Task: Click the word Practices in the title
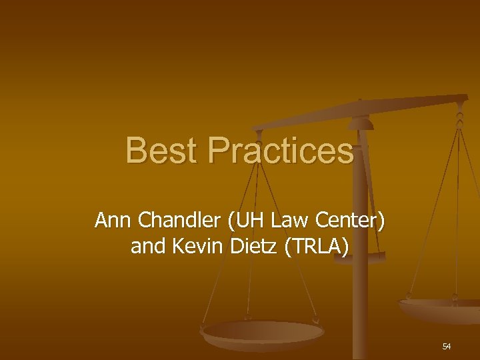coord(280,151)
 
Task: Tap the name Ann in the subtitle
coord(111,220)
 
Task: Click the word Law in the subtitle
coord(279,220)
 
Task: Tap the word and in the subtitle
coord(149,247)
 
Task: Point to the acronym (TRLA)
coord(317,247)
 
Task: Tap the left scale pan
coord(263,332)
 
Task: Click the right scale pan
coord(440,309)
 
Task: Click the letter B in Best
coord(136,151)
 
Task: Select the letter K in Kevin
coord(178,247)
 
